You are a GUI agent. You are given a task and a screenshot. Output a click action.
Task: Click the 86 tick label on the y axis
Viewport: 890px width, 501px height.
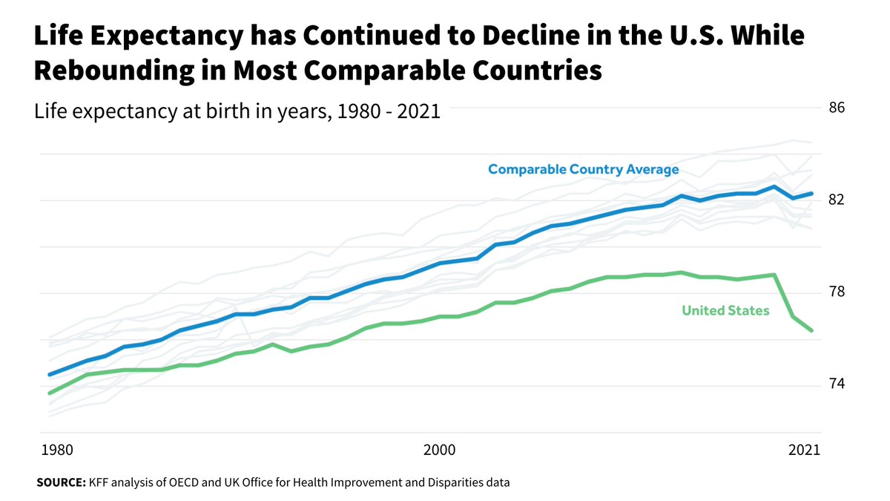point(837,108)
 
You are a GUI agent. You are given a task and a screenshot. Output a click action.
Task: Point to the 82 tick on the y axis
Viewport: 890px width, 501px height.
point(837,200)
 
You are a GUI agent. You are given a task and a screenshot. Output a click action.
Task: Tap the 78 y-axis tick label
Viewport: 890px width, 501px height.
point(837,292)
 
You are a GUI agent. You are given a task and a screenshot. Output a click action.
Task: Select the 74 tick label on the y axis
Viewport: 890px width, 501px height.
point(837,384)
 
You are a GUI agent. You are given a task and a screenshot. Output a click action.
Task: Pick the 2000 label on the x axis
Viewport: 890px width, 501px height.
point(439,450)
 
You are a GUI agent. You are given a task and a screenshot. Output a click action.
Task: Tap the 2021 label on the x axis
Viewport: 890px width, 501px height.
point(804,450)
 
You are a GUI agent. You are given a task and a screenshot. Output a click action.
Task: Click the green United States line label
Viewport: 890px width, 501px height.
point(725,311)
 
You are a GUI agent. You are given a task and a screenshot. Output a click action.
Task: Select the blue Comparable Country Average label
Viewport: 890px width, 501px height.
point(583,170)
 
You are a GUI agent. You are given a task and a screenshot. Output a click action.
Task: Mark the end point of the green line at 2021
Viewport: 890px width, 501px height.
point(812,330)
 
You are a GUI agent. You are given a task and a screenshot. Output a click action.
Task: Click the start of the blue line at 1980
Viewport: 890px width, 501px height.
point(49,375)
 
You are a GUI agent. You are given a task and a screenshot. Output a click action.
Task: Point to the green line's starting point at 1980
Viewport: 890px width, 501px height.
point(49,393)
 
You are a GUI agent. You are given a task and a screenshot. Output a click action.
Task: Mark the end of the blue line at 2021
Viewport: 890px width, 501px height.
point(812,194)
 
